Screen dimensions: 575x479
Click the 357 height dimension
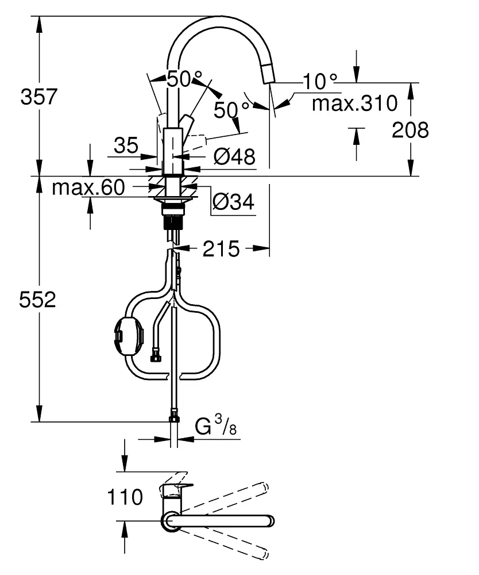point(39,97)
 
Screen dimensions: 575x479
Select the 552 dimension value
point(38,300)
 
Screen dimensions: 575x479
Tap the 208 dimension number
point(410,131)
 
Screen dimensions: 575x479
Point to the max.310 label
point(354,103)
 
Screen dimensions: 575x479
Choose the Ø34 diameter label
point(233,201)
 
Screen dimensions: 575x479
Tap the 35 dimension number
point(126,145)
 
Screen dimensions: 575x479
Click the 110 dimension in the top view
point(125,497)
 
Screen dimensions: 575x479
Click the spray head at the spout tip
point(268,74)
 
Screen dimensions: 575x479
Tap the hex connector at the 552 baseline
point(173,415)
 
